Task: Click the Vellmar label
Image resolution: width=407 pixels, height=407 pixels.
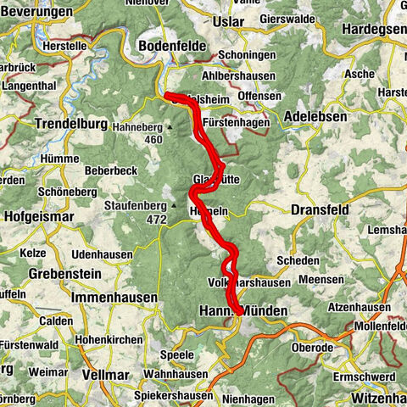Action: click(105, 373)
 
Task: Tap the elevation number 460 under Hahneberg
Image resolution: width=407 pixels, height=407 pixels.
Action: click(153, 140)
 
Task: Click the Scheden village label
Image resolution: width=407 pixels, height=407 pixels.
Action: click(302, 261)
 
